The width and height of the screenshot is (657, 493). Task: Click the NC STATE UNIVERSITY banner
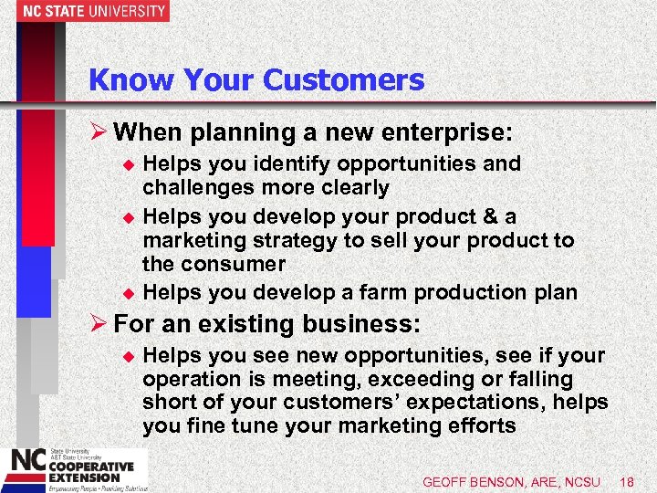tap(84, 12)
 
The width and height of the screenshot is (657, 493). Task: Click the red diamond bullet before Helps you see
tap(128, 356)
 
